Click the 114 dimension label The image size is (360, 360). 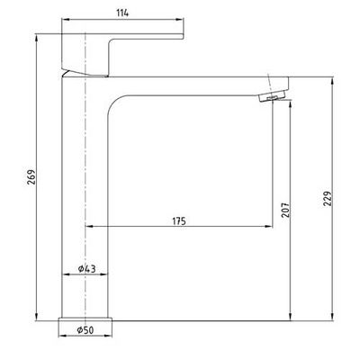(x=122, y=13)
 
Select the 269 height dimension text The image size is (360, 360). (x=31, y=177)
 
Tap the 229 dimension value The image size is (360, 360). (x=328, y=198)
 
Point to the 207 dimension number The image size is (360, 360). (x=286, y=210)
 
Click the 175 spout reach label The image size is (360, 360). (x=179, y=221)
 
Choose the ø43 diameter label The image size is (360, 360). (x=86, y=268)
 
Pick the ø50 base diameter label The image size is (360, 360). (x=85, y=330)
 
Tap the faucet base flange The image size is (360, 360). (x=85, y=319)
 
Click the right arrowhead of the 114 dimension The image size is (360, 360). (x=180, y=20)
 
